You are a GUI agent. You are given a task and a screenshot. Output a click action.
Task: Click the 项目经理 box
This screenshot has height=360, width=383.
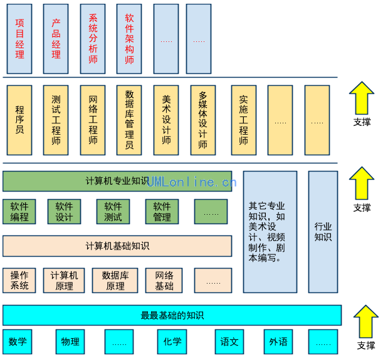coord(19,38)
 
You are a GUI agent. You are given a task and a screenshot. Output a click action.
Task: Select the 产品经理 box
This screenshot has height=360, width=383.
coord(56,38)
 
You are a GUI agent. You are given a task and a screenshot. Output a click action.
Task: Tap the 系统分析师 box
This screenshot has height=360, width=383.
coord(93,38)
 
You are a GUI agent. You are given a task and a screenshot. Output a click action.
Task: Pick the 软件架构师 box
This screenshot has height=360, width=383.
coord(129,38)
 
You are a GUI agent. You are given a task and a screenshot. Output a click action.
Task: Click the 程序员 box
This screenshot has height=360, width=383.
coord(19,120)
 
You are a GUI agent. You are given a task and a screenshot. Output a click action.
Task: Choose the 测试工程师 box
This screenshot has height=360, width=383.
coord(56,120)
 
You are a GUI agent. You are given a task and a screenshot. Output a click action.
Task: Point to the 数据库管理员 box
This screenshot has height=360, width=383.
coord(129,120)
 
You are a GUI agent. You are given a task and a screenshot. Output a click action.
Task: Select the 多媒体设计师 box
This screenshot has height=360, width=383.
coord(202,120)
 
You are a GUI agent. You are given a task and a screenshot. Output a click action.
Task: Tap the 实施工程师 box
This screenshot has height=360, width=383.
coord(244,120)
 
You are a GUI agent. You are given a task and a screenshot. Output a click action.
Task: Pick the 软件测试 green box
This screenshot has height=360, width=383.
coord(113,212)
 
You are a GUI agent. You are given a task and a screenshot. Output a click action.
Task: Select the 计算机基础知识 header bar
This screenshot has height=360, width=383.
coord(117,246)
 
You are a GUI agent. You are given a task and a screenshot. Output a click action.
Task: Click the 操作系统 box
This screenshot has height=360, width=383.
coord(19,280)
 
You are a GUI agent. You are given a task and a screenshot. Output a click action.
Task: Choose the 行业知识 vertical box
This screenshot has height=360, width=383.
coord(323,232)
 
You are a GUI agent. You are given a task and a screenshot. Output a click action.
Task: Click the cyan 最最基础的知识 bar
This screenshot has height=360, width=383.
coord(172,316)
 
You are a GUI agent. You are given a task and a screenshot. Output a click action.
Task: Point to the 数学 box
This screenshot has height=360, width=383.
coord(18,342)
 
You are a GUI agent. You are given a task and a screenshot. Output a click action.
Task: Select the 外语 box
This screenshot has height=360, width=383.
coord(278,342)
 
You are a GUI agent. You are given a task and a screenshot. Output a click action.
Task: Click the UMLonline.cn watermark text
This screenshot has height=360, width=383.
coord(192,182)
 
